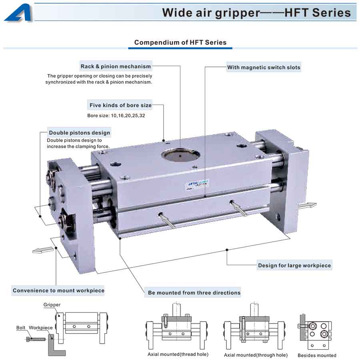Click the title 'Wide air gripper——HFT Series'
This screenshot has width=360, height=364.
(256, 12)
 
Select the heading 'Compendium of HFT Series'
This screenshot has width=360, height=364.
(180, 42)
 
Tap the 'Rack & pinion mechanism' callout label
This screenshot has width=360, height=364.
(116, 66)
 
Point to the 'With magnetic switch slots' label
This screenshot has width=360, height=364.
(264, 67)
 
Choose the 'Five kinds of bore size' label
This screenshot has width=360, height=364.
(120, 105)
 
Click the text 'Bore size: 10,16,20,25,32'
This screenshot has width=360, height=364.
(116, 116)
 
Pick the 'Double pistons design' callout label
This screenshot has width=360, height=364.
(79, 133)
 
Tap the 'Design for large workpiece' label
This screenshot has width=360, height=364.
(294, 265)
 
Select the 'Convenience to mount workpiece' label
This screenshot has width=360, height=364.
(58, 291)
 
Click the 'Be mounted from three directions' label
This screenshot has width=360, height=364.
(194, 293)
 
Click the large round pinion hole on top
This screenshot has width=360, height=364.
(180, 155)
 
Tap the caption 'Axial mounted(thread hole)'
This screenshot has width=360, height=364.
(178, 354)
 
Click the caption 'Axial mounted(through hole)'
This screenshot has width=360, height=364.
(256, 355)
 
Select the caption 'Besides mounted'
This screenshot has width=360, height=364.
(317, 355)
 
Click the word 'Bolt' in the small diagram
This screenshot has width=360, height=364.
(21, 328)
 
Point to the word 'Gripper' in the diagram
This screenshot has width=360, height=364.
(52, 305)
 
